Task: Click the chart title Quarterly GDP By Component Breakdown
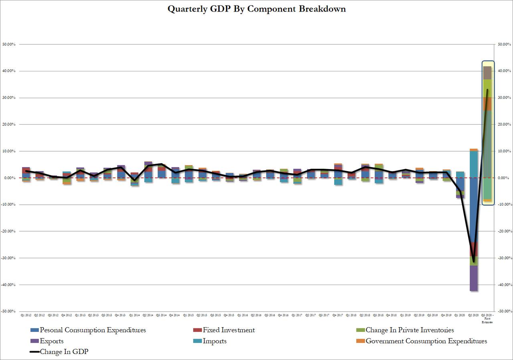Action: click(x=256, y=9)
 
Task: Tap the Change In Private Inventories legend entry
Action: click(x=410, y=330)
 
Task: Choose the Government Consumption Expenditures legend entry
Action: click(x=426, y=341)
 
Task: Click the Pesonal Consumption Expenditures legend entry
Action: click(x=93, y=330)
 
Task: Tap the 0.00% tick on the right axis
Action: click(x=504, y=178)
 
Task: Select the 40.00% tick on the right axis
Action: click(x=504, y=71)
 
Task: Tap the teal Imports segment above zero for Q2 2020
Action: click(x=474, y=164)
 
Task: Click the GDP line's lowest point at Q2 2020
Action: click(x=474, y=262)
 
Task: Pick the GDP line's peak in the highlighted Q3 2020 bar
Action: click(x=487, y=89)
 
